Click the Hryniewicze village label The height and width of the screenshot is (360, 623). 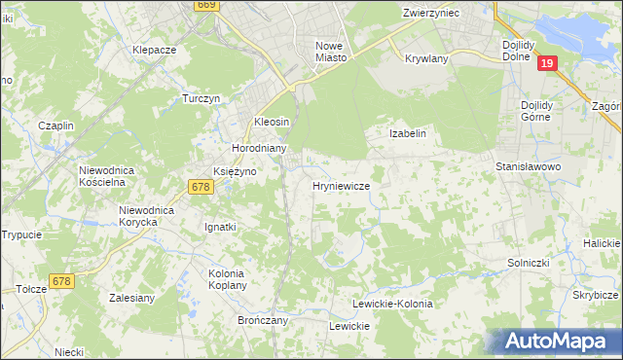tap(341, 185)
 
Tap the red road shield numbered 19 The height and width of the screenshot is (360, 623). tap(547, 63)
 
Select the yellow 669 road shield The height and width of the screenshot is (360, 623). tap(204, 5)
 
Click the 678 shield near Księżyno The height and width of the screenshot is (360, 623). tap(202, 186)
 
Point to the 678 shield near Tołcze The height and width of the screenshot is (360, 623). tap(61, 281)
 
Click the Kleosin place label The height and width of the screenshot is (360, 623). tap(273, 121)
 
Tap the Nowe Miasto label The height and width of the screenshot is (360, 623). tap(331, 52)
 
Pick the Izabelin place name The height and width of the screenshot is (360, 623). tap(408, 132)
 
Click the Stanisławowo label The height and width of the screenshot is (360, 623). tap(530, 167)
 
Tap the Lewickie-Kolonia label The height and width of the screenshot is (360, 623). tap(392, 304)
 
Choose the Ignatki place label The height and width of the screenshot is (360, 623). tap(219, 227)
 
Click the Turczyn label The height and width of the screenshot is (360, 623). tap(203, 98)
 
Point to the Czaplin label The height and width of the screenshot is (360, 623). tap(55, 125)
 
